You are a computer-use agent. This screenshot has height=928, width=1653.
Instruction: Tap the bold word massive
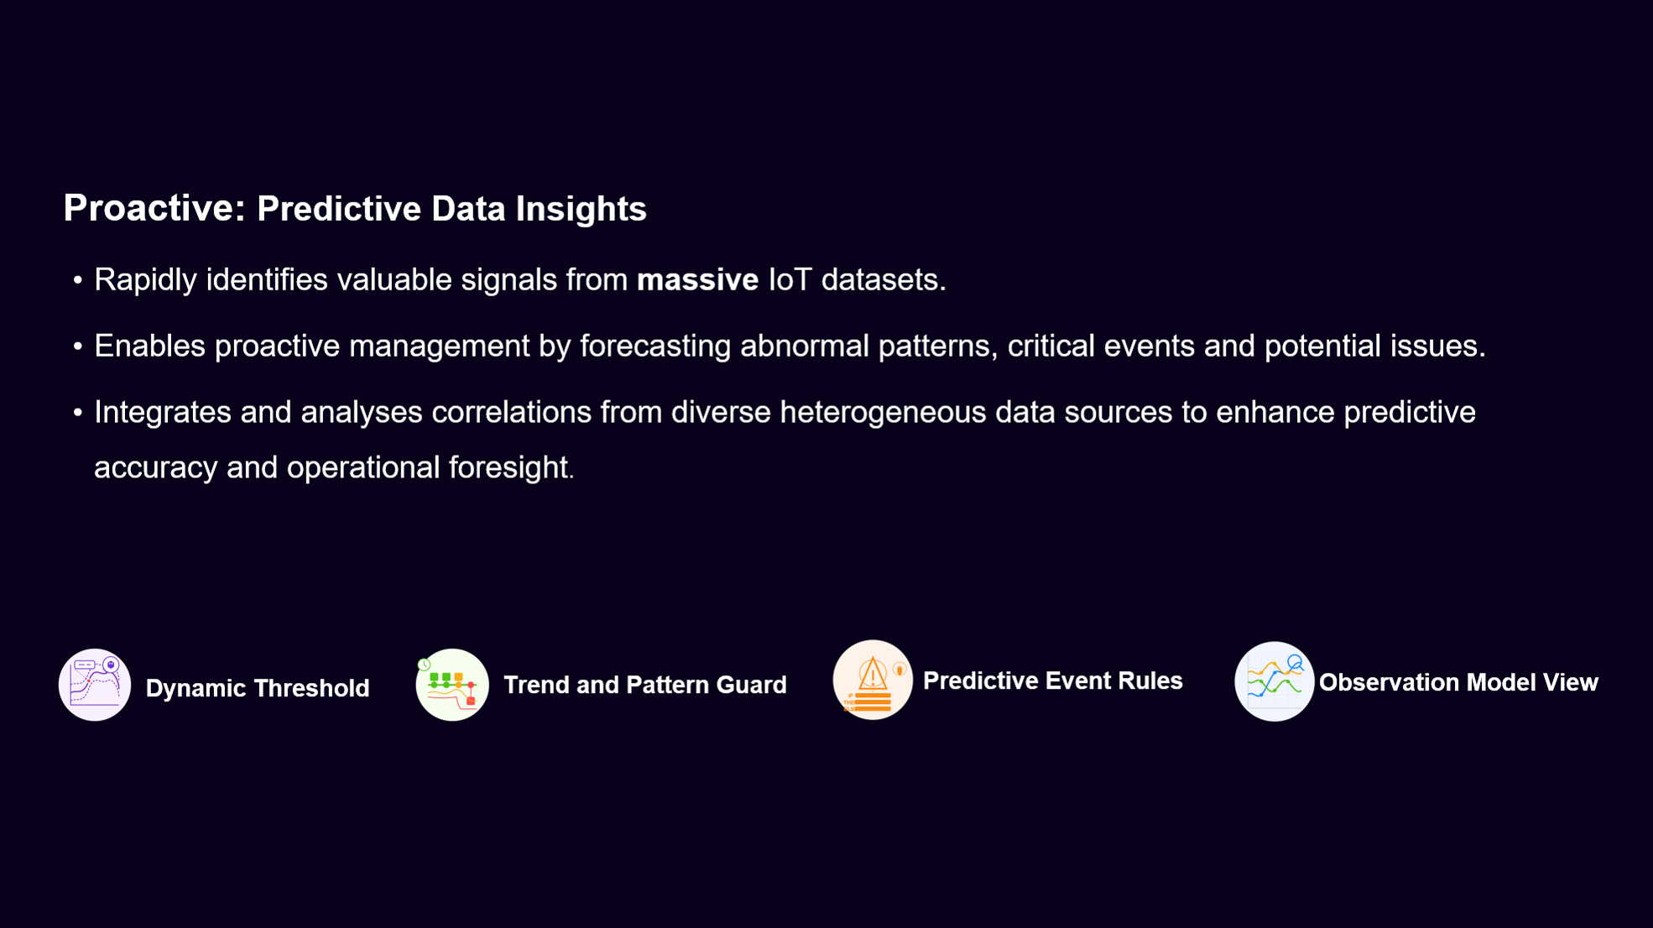pos(697,279)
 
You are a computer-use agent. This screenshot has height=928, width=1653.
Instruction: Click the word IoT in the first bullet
pos(790,279)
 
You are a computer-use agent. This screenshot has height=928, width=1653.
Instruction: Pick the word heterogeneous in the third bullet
pos(883,413)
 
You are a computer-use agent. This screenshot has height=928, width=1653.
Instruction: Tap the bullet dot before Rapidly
pos(78,280)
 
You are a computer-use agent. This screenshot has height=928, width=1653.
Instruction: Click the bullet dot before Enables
pos(78,347)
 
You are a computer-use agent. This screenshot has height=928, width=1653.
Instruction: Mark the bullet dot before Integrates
pos(78,413)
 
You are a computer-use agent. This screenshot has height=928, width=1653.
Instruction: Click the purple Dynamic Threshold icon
pos(95,685)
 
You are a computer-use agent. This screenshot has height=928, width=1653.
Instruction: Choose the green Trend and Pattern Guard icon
pos(452,685)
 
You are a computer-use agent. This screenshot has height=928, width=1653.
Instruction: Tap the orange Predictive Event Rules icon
pos(873,680)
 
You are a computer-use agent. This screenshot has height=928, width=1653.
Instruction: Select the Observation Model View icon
pos(1274,681)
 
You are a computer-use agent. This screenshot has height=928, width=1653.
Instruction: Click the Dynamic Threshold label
pos(258,688)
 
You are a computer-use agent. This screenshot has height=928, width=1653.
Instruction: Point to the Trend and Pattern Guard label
pos(645,685)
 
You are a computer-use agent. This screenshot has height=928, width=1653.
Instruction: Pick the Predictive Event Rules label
pos(1053,680)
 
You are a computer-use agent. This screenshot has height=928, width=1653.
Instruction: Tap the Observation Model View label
pos(1458,682)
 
